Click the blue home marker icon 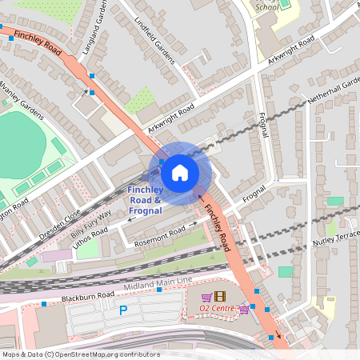coord(180,172)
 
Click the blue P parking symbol coord(122,310)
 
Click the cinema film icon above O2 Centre coord(209,297)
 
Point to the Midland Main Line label coord(158,282)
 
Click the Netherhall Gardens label coord(336,91)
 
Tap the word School coord(267,7)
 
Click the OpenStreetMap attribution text coord(80,354)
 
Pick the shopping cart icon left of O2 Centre coord(244,310)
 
